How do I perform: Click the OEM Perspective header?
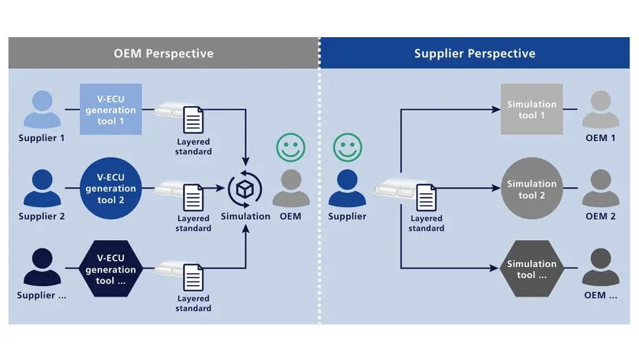[164, 53]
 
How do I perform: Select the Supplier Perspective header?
[475, 53]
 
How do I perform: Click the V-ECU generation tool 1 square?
[111, 109]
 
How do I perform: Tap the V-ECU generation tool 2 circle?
[111, 189]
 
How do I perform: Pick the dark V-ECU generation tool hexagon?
[111, 270]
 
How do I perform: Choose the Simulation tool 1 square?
[532, 109]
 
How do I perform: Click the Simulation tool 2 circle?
[532, 189]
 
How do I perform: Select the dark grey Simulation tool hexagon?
[532, 269]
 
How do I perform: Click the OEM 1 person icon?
[600, 110]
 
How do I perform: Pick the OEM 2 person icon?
[600, 189]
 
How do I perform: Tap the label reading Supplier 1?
[42, 138]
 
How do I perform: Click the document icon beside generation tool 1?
[193, 120]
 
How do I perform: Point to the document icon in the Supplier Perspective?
[426, 198]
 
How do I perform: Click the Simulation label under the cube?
[246, 216]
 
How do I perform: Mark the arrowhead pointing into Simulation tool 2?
[495, 189]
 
